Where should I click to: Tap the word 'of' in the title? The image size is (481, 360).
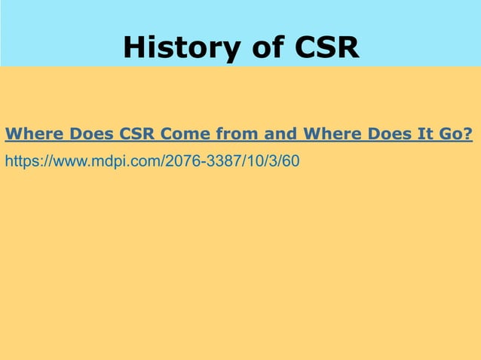tap(249, 48)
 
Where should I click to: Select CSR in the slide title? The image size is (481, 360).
tap(319, 48)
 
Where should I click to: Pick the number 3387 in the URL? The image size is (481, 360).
tap(209, 161)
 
